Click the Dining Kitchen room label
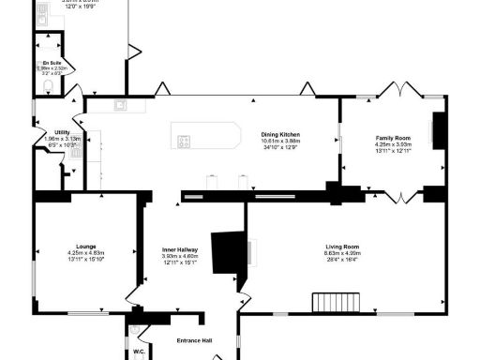tap(281, 134)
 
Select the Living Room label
tap(342, 246)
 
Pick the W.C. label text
tap(139, 352)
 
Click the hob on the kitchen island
tap(184, 142)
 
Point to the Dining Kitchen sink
tap(121, 105)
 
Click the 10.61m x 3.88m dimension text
tap(281, 141)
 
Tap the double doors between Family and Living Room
tap(401, 197)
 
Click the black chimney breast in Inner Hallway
tap(228, 251)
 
